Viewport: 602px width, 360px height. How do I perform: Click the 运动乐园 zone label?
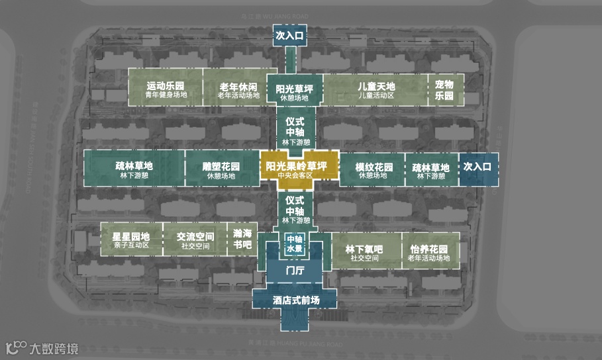click(165, 89)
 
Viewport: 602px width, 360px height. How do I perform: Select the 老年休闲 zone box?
click(238, 89)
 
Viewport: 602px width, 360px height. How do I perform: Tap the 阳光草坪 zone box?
click(294, 92)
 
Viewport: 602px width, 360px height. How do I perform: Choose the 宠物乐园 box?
click(444, 89)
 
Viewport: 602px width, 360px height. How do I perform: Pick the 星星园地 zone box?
click(130, 240)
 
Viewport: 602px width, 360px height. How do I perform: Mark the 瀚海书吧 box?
click(243, 239)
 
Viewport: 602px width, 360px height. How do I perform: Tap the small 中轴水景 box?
click(294, 244)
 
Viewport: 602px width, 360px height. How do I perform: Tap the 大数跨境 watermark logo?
click(42, 347)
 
